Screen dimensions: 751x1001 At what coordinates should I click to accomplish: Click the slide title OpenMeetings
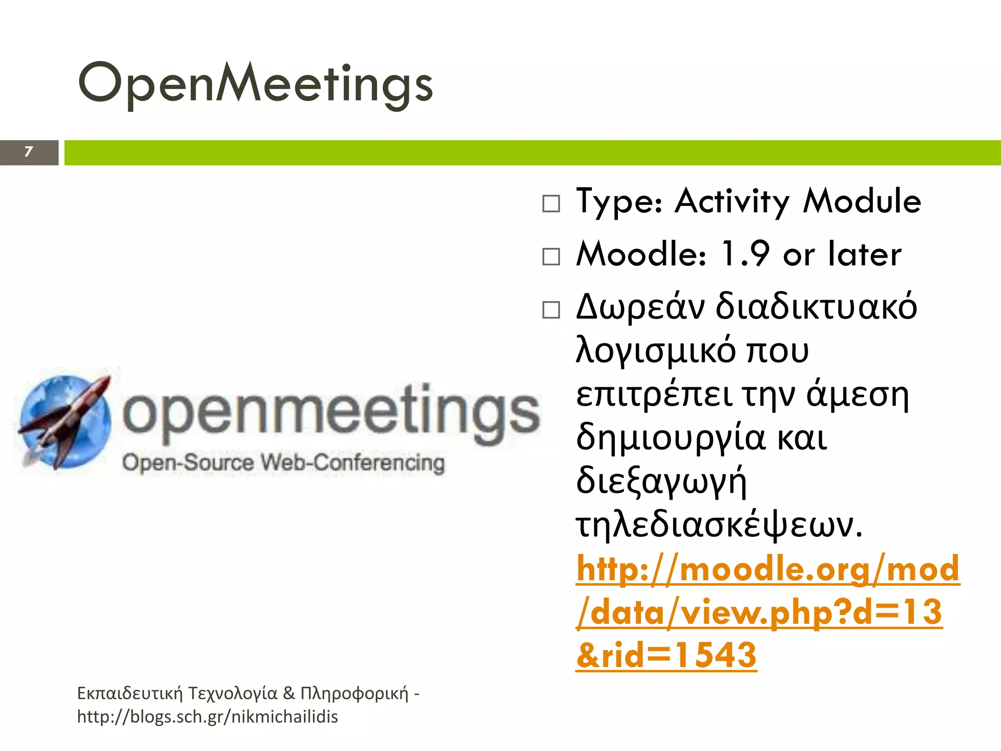pyautogui.click(x=255, y=83)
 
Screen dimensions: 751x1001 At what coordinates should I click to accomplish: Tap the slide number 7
pyautogui.click(x=28, y=152)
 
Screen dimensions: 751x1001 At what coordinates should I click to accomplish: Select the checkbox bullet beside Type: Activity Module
pyautogui.click(x=551, y=203)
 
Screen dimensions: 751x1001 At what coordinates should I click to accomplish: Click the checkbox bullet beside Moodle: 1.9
pyautogui.click(x=551, y=256)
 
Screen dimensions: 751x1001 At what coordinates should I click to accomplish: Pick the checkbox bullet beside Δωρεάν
pyautogui.click(x=551, y=309)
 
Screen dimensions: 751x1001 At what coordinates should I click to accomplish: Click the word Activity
pyautogui.click(x=731, y=201)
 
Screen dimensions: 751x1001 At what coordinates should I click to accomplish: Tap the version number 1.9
pyautogui.click(x=745, y=254)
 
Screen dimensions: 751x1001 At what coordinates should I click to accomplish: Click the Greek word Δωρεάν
pyautogui.click(x=640, y=307)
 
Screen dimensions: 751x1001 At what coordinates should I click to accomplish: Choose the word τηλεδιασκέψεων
pyautogui.click(x=718, y=526)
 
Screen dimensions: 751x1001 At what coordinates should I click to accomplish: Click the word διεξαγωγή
pyautogui.click(x=661, y=482)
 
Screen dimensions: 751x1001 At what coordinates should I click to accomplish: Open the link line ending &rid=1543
pyautogui.click(x=666, y=655)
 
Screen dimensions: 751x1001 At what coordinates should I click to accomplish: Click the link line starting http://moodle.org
pyautogui.click(x=767, y=569)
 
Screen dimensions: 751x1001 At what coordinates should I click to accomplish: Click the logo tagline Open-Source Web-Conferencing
pyautogui.click(x=283, y=463)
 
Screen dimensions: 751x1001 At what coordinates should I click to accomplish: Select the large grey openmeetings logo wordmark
pyautogui.click(x=330, y=413)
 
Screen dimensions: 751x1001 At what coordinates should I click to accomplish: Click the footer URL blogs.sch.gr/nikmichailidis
pyautogui.click(x=208, y=717)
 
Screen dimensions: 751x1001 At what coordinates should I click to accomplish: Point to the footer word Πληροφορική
pyautogui.click(x=354, y=693)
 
